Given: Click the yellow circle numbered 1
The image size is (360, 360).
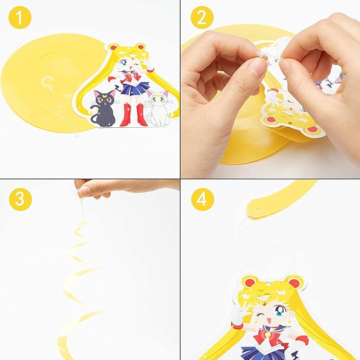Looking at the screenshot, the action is click(x=20, y=17).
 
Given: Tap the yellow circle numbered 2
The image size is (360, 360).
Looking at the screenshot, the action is click(x=202, y=17).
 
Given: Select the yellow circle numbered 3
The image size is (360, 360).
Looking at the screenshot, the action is click(x=20, y=199).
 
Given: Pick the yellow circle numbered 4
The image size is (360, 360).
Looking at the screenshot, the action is click(x=203, y=199).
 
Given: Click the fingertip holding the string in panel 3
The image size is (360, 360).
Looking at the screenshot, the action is click(x=84, y=191).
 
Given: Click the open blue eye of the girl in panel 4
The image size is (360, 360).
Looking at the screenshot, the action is click(x=280, y=310).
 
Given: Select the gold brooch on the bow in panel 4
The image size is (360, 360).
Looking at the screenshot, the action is click(x=267, y=335).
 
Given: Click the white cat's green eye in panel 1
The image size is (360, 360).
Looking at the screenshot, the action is click(x=162, y=99).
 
